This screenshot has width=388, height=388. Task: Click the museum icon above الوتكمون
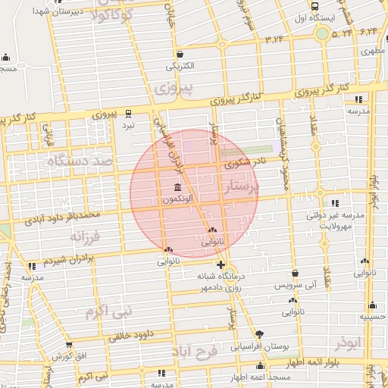coord(177,187)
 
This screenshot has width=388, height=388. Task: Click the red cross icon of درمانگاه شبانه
coord(221,264)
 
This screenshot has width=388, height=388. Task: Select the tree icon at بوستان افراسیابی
coord(260,334)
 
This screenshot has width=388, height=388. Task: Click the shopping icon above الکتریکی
coord(180,55)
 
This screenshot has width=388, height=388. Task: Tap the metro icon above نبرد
coord(128,111)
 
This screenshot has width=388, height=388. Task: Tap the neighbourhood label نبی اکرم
coord(108,311)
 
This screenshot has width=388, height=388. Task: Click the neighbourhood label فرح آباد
coord(194,352)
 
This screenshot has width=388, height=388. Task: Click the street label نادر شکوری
coord(243,162)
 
